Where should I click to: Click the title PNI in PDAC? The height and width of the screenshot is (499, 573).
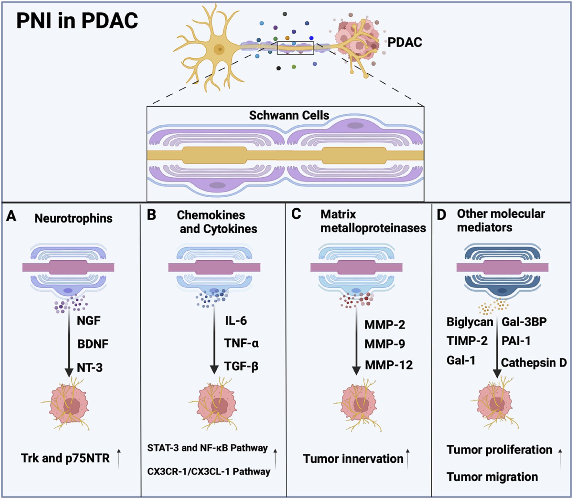click(x=77, y=21)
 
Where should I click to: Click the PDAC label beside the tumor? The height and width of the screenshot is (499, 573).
click(x=405, y=42)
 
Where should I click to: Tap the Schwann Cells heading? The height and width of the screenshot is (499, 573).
click(x=289, y=115)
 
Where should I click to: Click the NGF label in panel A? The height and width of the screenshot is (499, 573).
click(x=89, y=321)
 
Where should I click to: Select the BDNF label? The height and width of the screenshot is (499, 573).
click(x=93, y=344)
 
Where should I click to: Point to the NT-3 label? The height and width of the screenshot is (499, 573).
click(x=90, y=368)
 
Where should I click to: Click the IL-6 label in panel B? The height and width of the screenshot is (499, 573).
click(x=236, y=321)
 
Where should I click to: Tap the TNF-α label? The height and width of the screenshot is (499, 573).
click(x=241, y=343)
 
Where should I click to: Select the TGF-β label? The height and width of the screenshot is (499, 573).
click(x=241, y=366)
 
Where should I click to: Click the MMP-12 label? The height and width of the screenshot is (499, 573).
click(x=389, y=365)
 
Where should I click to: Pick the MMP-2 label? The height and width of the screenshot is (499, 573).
click(x=384, y=325)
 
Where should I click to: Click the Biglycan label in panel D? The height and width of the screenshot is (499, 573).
click(x=470, y=322)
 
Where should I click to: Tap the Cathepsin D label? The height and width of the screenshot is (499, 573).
click(x=534, y=363)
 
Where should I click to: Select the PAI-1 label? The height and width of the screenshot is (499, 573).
click(x=516, y=341)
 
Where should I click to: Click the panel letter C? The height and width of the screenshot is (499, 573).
click(x=296, y=214)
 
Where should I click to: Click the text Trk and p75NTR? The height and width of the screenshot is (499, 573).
click(x=65, y=458)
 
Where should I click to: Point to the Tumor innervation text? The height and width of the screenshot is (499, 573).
click(x=353, y=459)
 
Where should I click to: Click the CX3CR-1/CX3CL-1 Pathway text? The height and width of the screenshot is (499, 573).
click(x=209, y=472)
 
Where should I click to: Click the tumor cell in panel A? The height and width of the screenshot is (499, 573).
click(x=69, y=405)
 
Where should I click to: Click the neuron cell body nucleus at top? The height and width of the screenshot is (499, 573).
click(x=220, y=49)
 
